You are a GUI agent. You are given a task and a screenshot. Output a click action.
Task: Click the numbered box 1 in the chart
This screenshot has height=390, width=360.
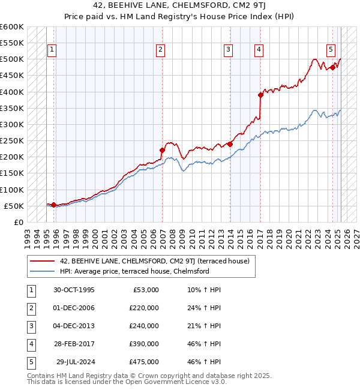[52, 50]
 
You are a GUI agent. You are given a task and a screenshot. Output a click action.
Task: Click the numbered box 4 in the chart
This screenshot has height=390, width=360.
[258, 50]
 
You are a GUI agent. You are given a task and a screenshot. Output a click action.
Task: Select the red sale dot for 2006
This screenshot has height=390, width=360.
[162, 150]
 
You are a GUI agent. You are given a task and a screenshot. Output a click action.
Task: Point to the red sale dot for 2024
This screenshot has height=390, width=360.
[332, 67]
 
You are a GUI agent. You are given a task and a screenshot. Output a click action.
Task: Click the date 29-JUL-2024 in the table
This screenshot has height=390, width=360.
[74, 362]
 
